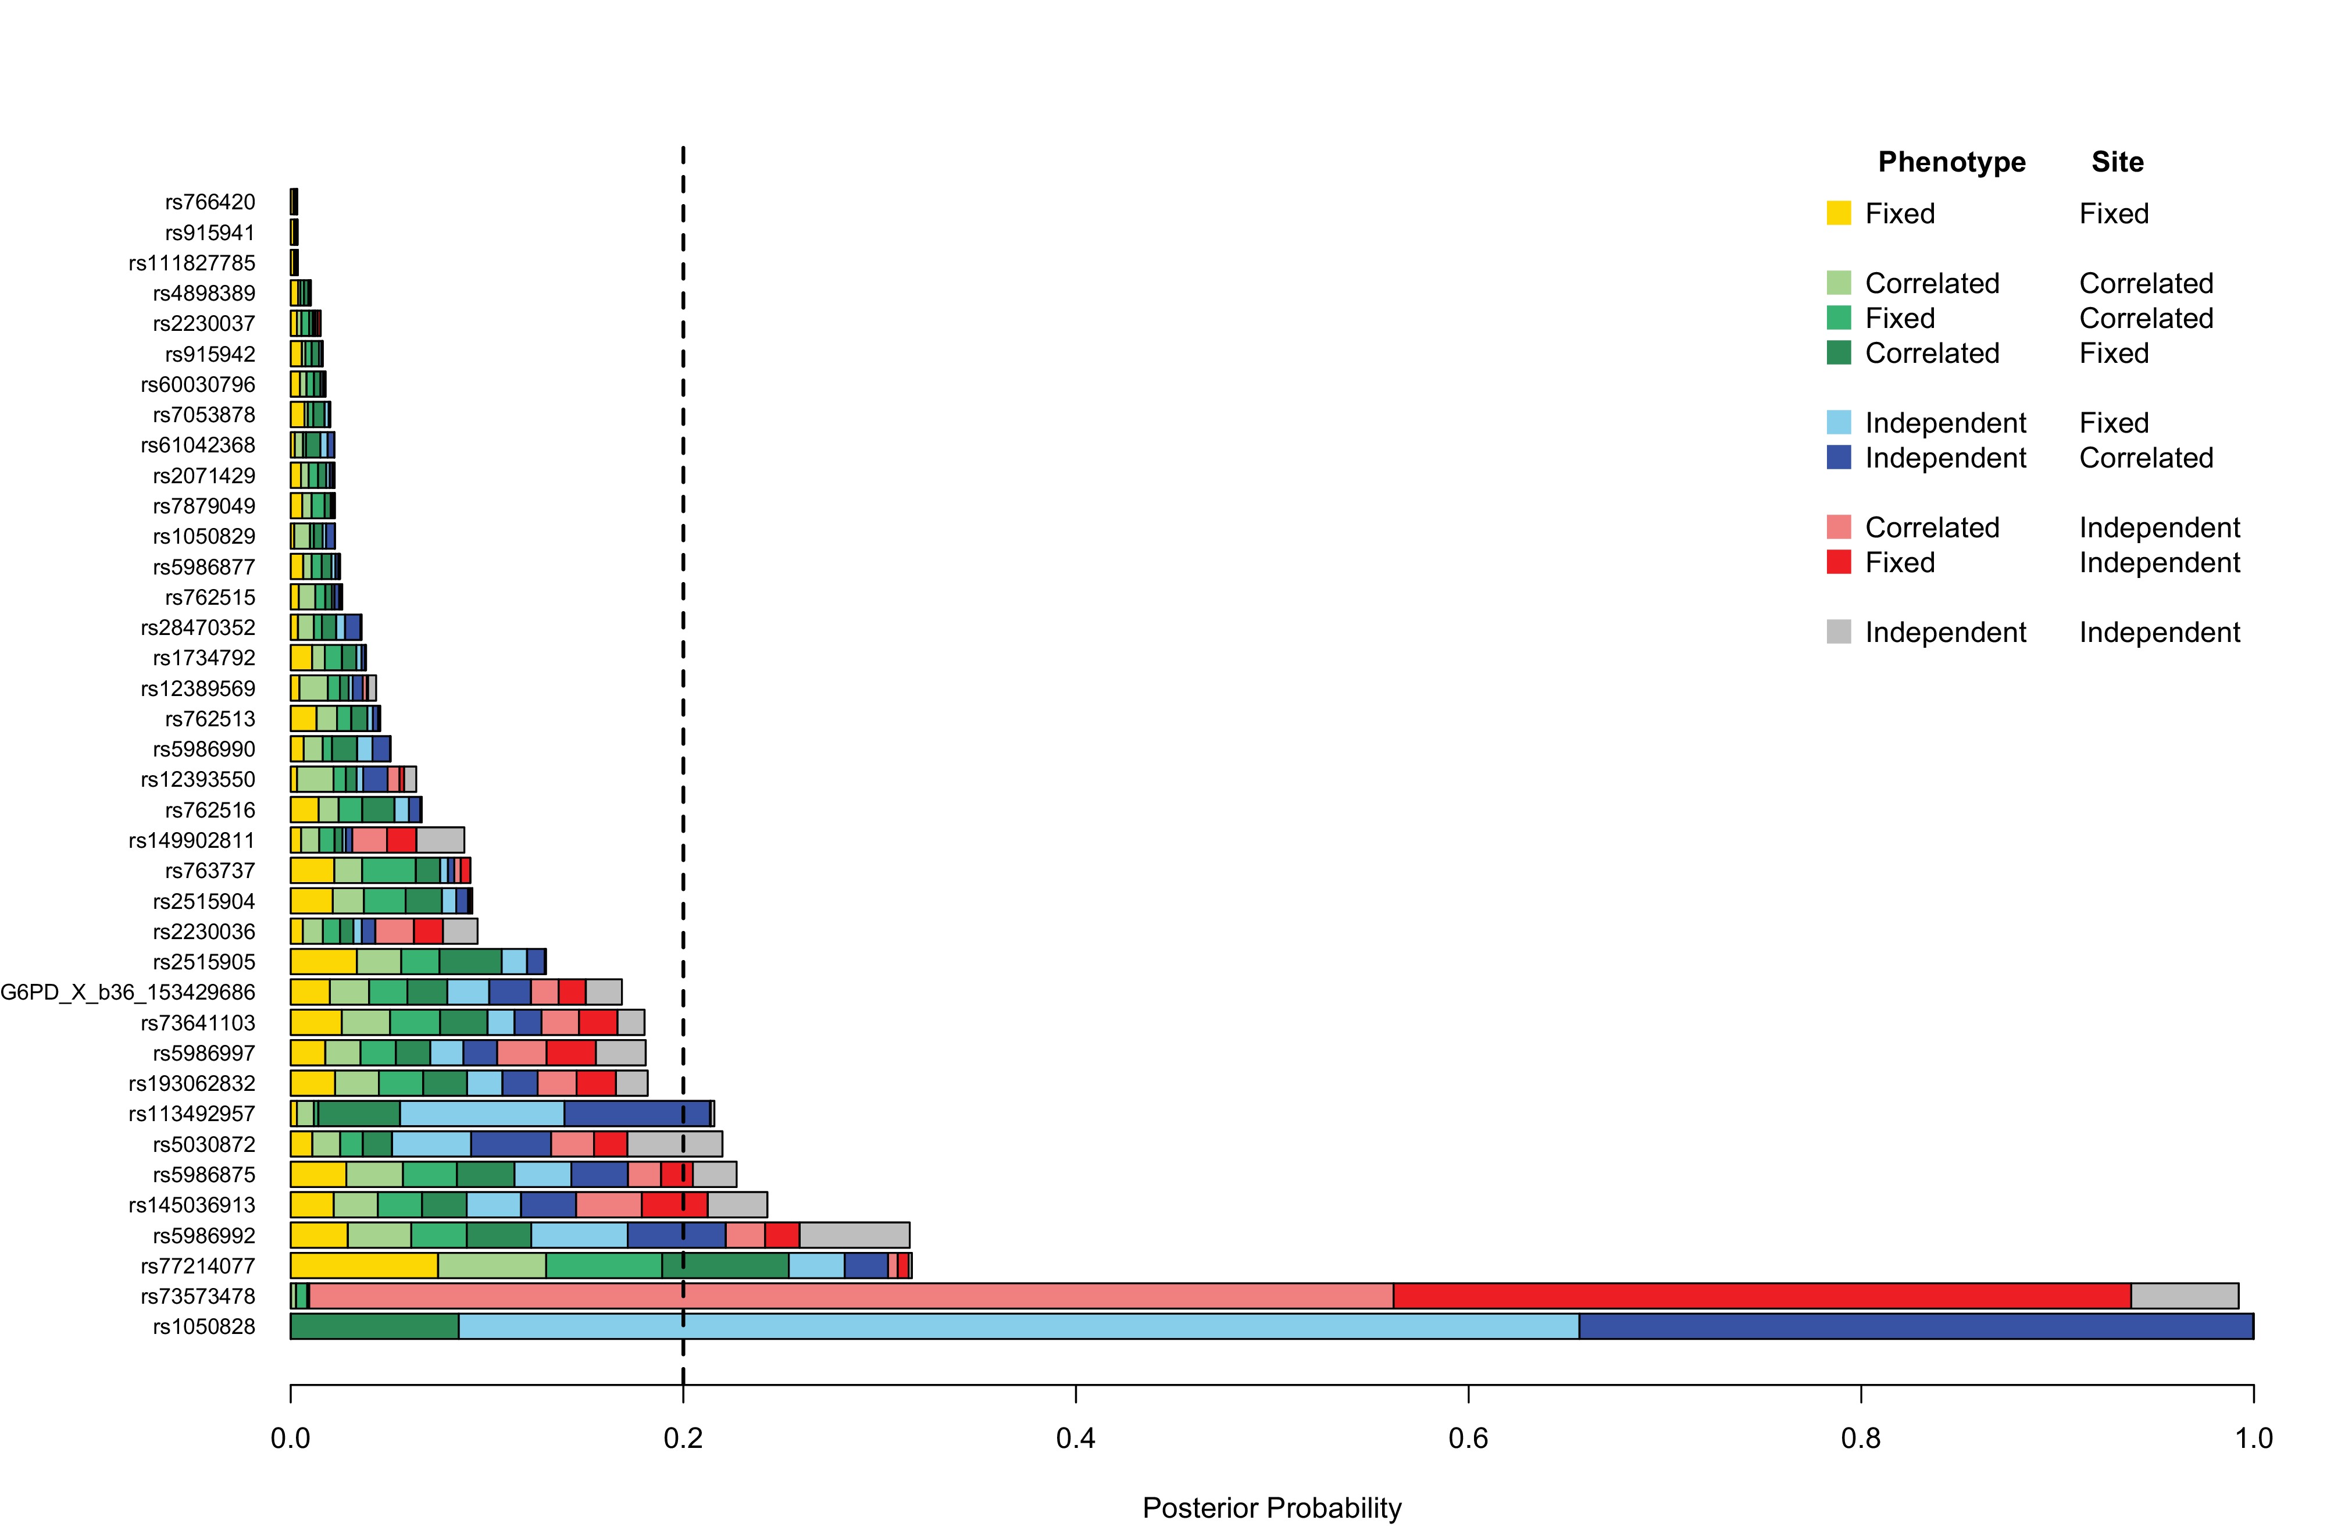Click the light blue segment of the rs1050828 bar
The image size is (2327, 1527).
pyautogui.click(x=1018, y=1326)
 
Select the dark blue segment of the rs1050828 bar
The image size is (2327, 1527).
pyautogui.click(x=1914, y=1326)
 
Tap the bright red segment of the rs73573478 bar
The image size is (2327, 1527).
pyautogui.click(x=1761, y=1296)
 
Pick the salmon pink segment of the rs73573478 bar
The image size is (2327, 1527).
pyautogui.click(x=851, y=1296)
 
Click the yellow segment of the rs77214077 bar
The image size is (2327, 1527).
pyautogui.click(x=364, y=1266)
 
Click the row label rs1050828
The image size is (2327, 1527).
pyautogui.click(x=204, y=1326)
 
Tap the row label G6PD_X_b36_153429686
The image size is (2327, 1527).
pyautogui.click(x=127, y=992)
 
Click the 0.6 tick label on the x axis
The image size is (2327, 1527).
pyautogui.click(x=1468, y=1438)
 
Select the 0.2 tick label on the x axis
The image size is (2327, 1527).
pyautogui.click(x=683, y=1438)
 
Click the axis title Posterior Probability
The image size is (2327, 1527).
pyautogui.click(x=1271, y=1507)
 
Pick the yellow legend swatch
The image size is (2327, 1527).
pyautogui.click(x=1838, y=213)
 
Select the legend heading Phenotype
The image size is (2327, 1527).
pyautogui.click(x=1951, y=162)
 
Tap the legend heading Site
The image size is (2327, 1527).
pyautogui.click(x=2117, y=162)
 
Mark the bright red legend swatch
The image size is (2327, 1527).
pyautogui.click(x=1838, y=562)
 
